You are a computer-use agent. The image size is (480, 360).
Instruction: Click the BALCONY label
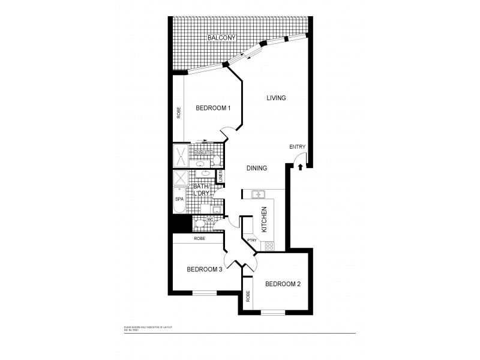(221, 38)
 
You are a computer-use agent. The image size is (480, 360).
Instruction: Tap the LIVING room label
(276, 98)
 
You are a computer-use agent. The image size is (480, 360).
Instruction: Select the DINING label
(256, 169)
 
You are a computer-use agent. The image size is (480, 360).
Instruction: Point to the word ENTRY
(297, 147)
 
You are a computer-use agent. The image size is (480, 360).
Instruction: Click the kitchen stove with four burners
(270, 245)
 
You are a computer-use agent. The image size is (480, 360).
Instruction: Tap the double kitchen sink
(259, 194)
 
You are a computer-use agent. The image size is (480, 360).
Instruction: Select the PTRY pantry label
(252, 241)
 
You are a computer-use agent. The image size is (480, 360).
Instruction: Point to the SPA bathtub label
(179, 198)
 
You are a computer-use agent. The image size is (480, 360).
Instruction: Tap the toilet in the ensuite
(215, 160)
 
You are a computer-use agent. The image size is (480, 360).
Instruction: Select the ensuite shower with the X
(181, 157)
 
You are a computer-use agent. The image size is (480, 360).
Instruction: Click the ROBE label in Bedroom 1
(179, 113)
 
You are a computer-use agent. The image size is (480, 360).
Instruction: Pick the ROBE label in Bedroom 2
(248, 297)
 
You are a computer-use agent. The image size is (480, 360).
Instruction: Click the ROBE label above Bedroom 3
(200, 238)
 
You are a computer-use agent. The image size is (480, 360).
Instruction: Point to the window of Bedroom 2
(273, 312)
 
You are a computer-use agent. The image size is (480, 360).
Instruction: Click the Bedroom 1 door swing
(227, 133)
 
